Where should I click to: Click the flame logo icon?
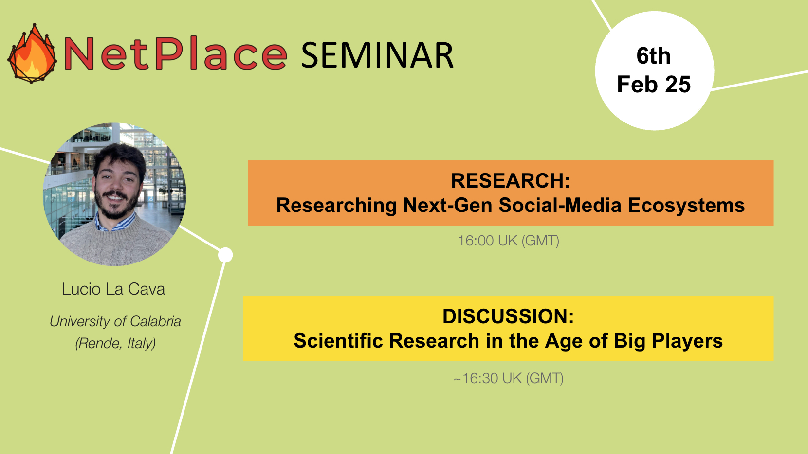click(x=32, y=53)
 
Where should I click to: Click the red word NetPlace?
click(x=175, y=53)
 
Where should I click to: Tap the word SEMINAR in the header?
click(x=377, y=55)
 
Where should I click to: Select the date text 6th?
click(x=653, y=56)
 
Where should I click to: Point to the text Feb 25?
click(x=654, y=84)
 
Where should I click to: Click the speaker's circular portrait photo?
click(x=115, y=194)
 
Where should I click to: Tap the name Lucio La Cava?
click(x=113, y=289)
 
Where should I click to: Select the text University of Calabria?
click(x=115, y=321)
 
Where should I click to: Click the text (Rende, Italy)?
click(x=115, y=343)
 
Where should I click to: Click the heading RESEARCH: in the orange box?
click(x=511, y=180)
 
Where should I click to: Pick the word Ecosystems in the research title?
click(x=686, y=205)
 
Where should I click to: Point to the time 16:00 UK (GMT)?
click(x=509, y=241)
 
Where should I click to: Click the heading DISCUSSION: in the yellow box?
click(x=508, y=316)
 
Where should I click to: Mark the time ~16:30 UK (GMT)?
click(x=509, y=378)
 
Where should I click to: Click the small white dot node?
click(x=225, y=255)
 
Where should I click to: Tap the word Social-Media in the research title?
click(x=560, y=205)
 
